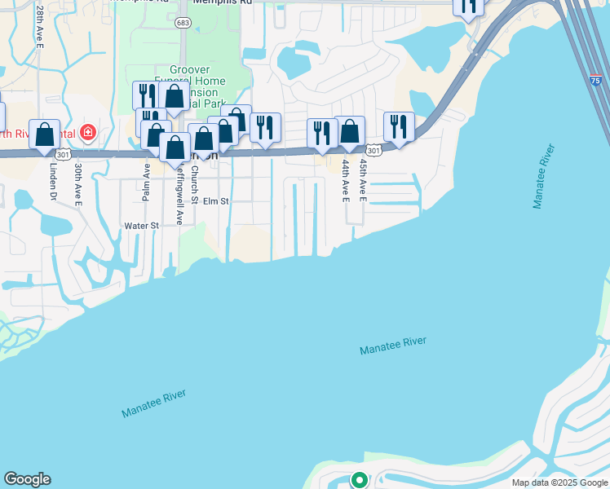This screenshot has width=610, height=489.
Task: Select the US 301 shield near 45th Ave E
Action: [x=373, y=150]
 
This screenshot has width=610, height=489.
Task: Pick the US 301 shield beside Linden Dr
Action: [x=63, y=153]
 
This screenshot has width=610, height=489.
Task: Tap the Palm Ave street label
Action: [x=147, y=182]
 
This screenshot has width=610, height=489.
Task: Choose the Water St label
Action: [x=140, y=226]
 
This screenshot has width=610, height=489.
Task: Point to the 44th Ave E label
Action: [x=346, y=181]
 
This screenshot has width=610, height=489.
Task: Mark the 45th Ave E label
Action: [x=363, y=181]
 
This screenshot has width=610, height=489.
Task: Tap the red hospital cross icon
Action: [x=87, y=132]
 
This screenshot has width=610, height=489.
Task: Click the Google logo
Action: [x=27, y=479]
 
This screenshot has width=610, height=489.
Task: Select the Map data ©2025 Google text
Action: [x=559, y=482]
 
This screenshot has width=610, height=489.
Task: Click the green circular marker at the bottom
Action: [x=358, y=480]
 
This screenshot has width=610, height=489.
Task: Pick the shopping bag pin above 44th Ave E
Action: [x=350, y=131]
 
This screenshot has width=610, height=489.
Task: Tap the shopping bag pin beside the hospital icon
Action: [x=45, y=134]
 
